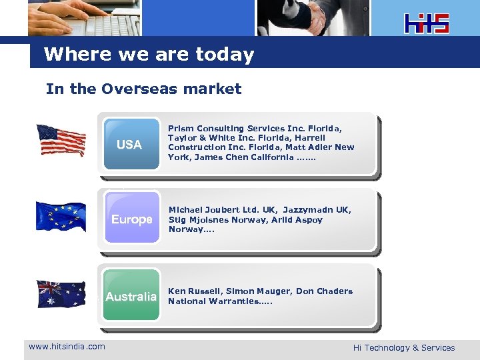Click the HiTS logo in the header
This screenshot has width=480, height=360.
[x=427, y=23]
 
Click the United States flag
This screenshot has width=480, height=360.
[x=61, y=140]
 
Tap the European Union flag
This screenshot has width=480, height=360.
[x=61, y=217]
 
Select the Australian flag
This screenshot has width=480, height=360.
[x=61, y=294]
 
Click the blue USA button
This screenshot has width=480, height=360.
[x=131, y=144]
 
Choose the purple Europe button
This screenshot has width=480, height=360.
[x=131, y=219]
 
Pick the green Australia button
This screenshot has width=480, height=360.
[x=131, y=295]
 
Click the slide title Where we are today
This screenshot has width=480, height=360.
[x=149, y=54]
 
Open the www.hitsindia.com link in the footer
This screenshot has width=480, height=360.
[x=67, y=346]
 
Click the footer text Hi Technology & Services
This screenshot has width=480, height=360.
[x=403, y=347]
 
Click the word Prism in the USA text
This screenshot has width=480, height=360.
[x=181, y=128]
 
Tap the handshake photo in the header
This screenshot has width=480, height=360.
[x=312, y=17]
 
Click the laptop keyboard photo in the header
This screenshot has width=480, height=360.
[x=85, y=17]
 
